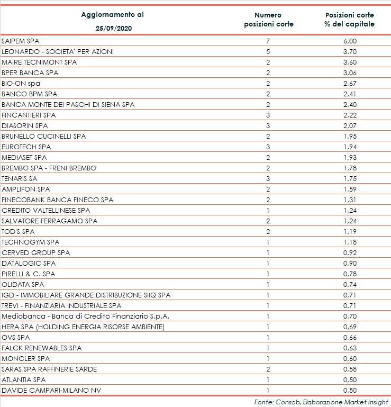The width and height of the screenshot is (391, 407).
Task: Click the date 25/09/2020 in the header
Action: (112, 28)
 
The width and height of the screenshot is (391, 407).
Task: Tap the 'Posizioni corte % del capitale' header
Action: (350, 20)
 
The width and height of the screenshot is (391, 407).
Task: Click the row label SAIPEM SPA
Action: (21, 41)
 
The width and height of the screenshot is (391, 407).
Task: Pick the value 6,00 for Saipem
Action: (350, 41)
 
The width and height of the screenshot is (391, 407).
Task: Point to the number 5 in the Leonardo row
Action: (268, 51)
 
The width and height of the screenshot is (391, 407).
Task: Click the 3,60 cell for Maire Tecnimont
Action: (350, 62)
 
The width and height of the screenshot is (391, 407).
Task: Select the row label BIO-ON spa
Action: (21, 83)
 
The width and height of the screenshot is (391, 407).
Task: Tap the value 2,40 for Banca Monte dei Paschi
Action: (350, 104)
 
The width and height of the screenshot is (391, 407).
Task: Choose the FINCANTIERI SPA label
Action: (29, 115)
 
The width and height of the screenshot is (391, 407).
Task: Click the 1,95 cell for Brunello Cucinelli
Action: (350, 136)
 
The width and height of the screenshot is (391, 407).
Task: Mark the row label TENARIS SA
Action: (20, 178)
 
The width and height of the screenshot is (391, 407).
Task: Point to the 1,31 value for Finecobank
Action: (350, 200)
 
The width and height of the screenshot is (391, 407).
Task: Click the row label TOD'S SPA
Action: (18, 231)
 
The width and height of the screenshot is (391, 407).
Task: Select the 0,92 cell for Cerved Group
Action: (350, 252)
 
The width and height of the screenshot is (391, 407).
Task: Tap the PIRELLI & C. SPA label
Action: (29, 274)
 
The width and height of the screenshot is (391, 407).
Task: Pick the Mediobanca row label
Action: (85, 316)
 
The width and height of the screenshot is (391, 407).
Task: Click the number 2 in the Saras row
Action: (268, 369)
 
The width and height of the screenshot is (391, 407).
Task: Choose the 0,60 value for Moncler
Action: (350, 358)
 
